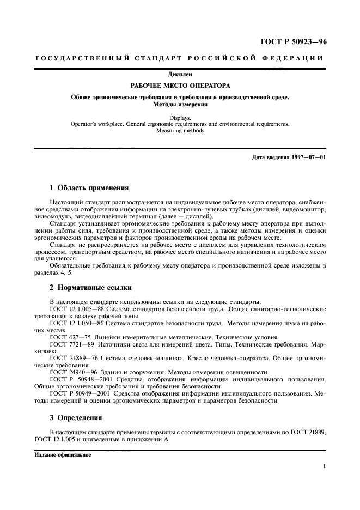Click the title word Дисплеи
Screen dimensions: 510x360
pos(180,74)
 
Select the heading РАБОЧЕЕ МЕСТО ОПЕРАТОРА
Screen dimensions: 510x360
pos(180,86)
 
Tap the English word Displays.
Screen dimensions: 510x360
pos(180,117)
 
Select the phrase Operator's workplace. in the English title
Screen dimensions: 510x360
pos(94,124)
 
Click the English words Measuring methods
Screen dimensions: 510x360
pos(180,131)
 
